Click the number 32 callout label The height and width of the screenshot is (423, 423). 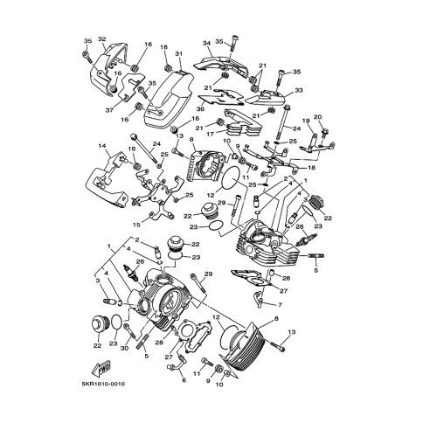click(101, 39)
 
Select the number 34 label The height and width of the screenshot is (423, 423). click(207, 43)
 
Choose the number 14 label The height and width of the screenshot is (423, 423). click(102, 146)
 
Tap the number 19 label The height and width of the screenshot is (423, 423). click(305, 121)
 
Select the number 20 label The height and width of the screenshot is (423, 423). click(317, 118)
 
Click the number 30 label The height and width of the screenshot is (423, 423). click(124, 349)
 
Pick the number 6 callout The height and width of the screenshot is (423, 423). click(184, 380)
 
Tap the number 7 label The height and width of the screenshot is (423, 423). click(279, 305)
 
